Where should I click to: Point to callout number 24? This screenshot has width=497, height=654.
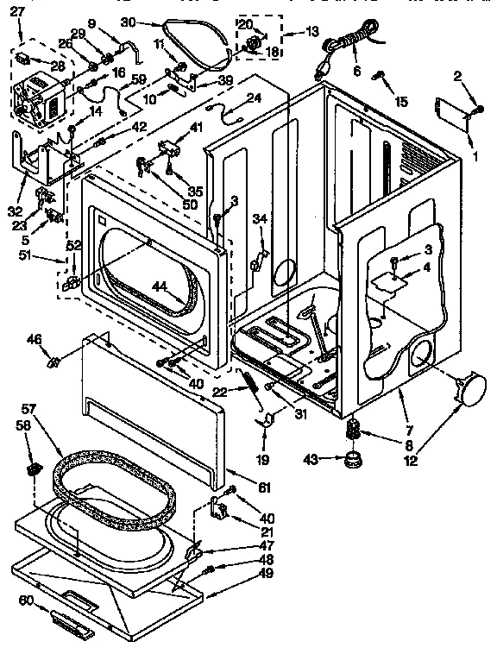point(253,97)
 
